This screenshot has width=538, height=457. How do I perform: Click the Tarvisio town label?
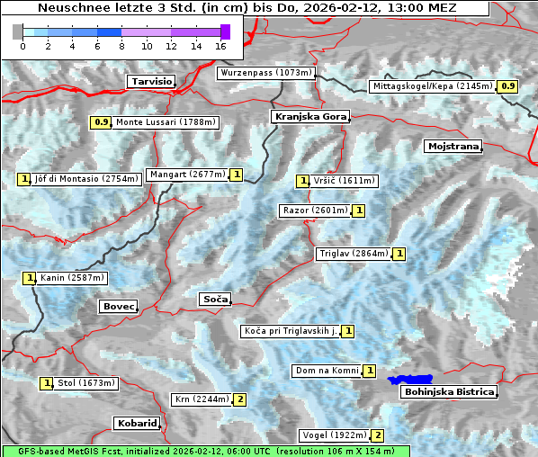pyautogui.click(x=150, y=81)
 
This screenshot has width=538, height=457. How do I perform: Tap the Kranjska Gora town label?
pyautogui.click(x=309, y=117)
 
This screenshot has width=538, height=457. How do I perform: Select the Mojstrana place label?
pyautogui.click(x=453, y=146)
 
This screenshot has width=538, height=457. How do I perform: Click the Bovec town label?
pyautogui.click(x=118, y=307)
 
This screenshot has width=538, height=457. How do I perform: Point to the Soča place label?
pyautogui.click(x=215, y=299)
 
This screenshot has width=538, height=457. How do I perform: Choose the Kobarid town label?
pyautogui.click(x=137, y=423)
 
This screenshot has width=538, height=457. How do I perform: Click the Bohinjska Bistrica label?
pyautogui.click(x=448, y=391)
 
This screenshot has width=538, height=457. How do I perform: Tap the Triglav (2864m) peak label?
pyautogui.click(x=354, y=254)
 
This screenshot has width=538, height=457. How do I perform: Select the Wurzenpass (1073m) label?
pyautogui.click(x=266, y=73)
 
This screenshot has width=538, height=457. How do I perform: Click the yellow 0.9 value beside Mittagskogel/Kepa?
pyautogui.click(x=508, y=86)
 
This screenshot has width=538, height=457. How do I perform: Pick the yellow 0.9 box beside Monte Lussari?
pyautogui.click(x=101, y=121)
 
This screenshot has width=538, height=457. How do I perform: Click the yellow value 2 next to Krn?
pyautogui.click(x=240, y=399)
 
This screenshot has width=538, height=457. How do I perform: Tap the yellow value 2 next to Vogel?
pyautogui.click(x=379, y=435)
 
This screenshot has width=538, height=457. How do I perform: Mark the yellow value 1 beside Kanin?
pyautogui.click(x=30, y=278)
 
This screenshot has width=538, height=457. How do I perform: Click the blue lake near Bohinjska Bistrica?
pyautogui.click(x=410, y=381)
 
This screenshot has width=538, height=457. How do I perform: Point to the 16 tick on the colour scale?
pyautogui.click(x=221, y=45)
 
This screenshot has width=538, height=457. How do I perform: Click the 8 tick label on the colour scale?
pyautogui.click(x=121, y=45)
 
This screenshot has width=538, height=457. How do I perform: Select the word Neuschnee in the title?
pyautogui.click(x=68, y=8)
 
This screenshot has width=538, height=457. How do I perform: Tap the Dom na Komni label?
pyautogui.click(x=327, y=371)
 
